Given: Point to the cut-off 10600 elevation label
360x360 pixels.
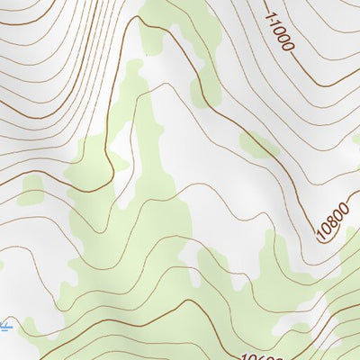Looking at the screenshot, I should pyautogui.click(x=262, y=355).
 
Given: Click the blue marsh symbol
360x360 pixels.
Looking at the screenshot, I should pyautogui.click(x=5, y=325).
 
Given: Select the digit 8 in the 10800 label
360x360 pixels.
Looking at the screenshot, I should pyautogui.click(x=332, y=222).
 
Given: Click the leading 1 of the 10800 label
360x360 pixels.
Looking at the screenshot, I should pyautogui.click(x=321, y=238).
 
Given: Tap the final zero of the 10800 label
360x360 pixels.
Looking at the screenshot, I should pyautogui.click(x=343, y=207).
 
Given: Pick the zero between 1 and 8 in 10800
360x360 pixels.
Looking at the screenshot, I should pyautogui.click(x=327, y=230).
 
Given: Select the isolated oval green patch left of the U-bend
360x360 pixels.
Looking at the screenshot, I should pyautogui.click(x=32, y=190).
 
